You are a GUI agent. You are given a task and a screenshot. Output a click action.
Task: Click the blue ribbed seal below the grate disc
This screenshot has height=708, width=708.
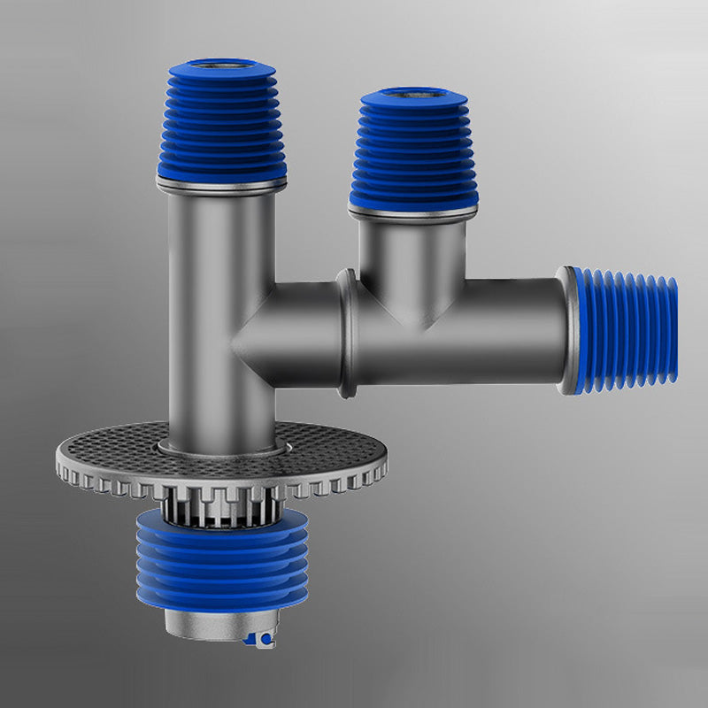click(221, 566)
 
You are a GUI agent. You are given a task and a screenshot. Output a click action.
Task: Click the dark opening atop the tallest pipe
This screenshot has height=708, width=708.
click(221, 66)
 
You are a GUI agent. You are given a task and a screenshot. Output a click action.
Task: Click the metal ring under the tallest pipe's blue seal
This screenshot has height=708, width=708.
click(221, 185)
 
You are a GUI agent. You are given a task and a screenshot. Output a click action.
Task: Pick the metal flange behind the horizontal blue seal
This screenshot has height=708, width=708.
click(566, 332)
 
